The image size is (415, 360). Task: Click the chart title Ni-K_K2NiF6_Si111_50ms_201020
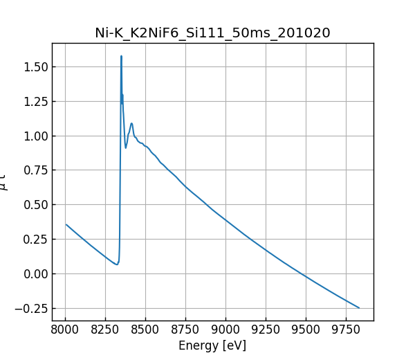[x=212, y=33]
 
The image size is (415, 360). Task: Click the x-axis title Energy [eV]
[x=212, y=345]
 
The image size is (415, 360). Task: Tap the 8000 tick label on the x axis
[x=65, y=330]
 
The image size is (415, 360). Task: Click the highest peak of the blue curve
[x=121, y=56]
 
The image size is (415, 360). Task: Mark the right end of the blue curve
[x=359, y=308]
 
